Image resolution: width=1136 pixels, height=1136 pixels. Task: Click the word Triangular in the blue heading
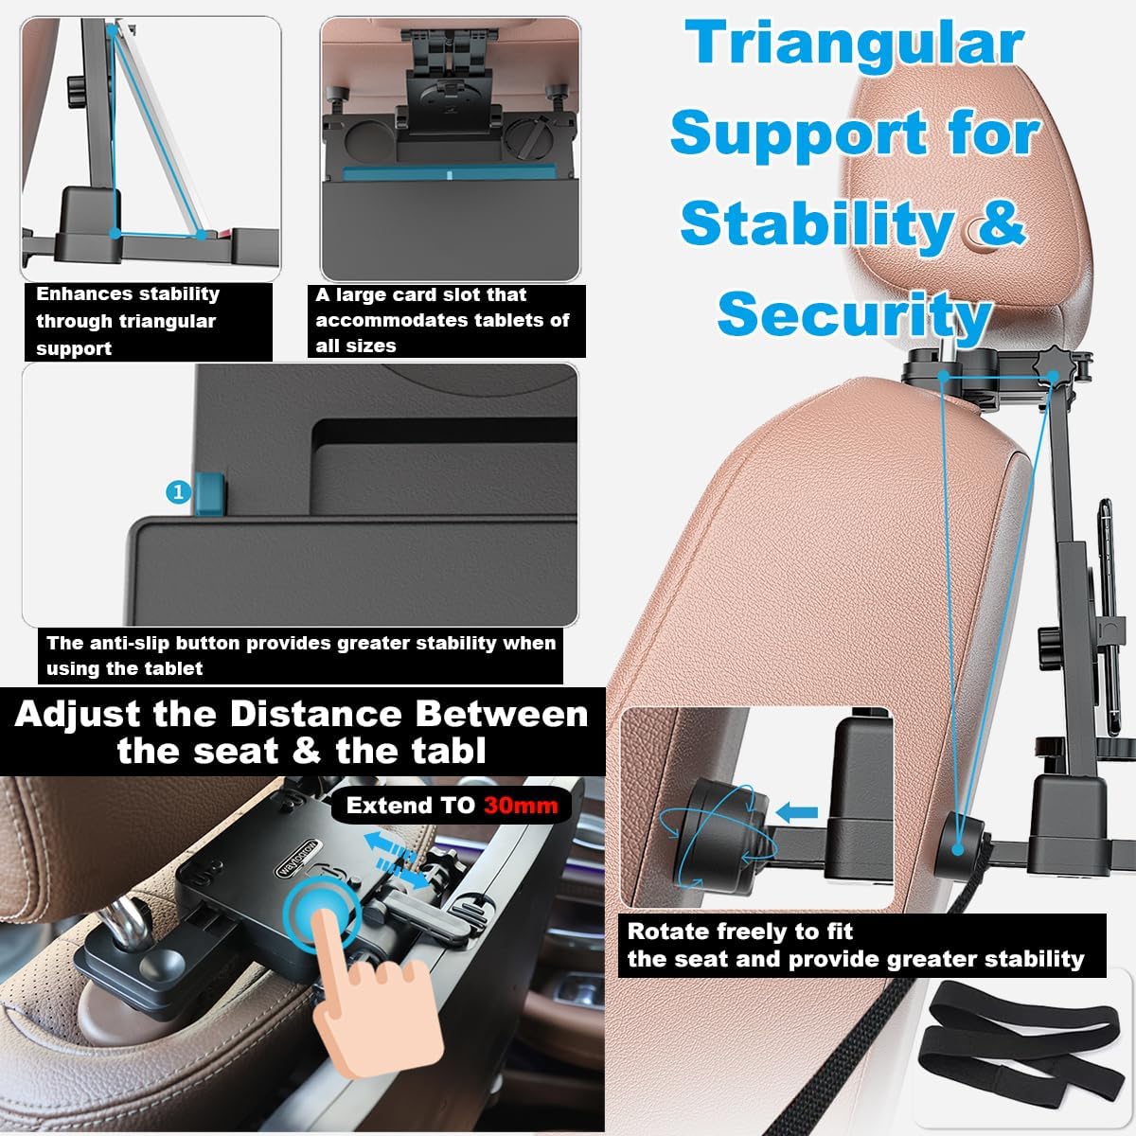[x=855, y=44]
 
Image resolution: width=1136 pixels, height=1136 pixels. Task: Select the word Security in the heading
[x=854, y=312]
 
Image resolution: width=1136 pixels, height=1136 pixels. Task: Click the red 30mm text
[x=520, y=806]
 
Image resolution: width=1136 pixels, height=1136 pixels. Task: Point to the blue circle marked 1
[x=178, y=491]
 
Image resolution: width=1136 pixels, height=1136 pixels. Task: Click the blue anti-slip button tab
[x=210, y=491]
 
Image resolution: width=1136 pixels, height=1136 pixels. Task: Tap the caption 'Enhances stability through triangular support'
[x=127, y=321]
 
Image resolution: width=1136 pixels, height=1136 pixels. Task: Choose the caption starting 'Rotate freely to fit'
[x=855, y=945]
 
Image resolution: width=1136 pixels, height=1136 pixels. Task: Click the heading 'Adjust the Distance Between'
[x=301, y=713]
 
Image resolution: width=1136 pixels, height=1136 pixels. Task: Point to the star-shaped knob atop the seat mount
[x=1050, y=364]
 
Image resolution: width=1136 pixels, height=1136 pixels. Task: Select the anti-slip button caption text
[x=301, y=655]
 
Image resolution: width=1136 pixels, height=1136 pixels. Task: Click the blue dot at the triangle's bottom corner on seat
[x=958, y=848]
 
